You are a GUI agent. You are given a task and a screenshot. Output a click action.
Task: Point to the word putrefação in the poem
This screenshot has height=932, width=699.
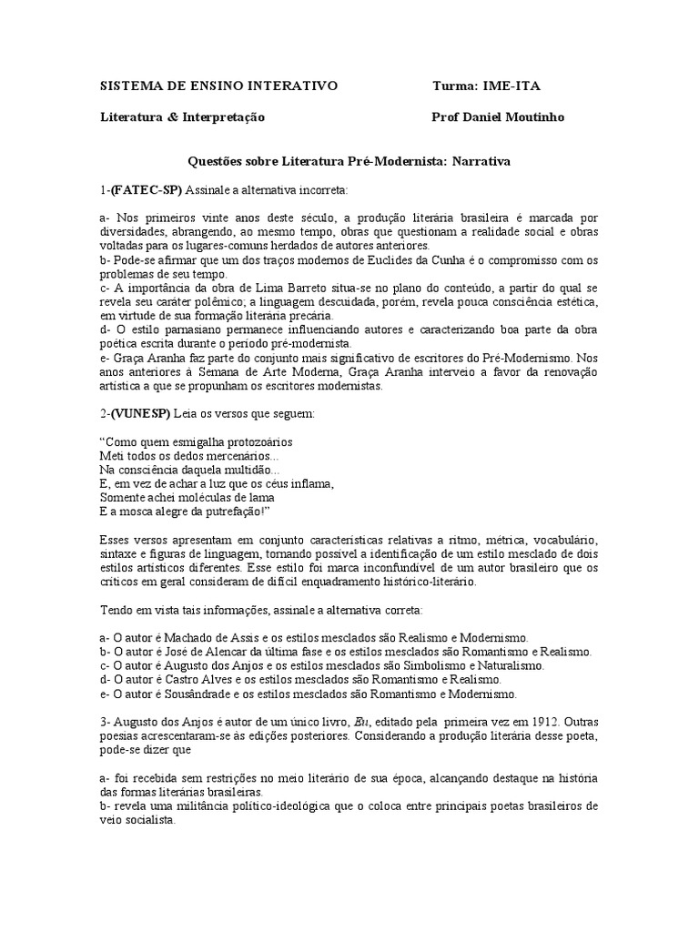pyautogui.click(x=233, y=512)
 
